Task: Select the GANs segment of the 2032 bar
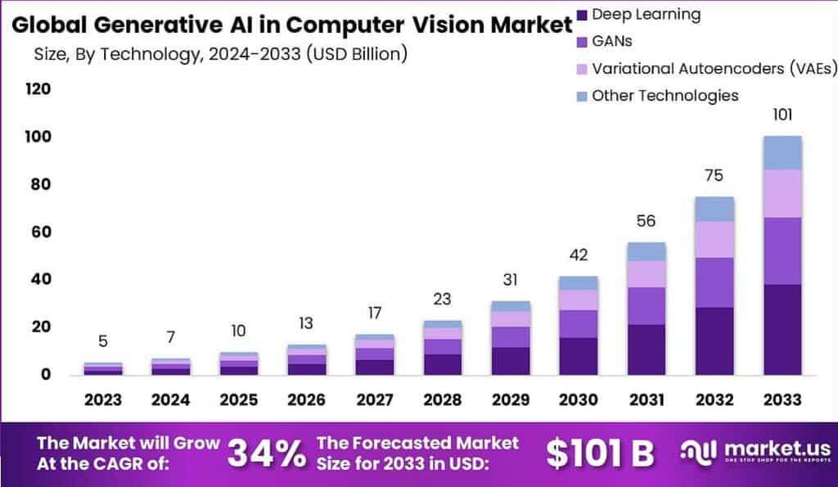[x=715, y=282]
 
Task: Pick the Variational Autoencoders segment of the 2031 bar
[x=647, y=274]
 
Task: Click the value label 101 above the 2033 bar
[x=783, y=115]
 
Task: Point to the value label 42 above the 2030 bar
[x=579, y=255]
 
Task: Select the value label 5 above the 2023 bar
[x=103, y=341]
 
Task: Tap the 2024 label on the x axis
[x=171, y=399]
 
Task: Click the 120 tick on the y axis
[x=37, y=89]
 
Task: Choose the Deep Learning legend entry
[x=646, y=14]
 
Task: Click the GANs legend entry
[x=611, y=41]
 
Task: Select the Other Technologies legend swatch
[x=582, y=97]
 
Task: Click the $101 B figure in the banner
[x=599, y=452]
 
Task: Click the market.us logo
[x=755, y=452]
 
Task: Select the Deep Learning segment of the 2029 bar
[x=511, y=361]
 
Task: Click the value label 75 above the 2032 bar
[x=715, y=175]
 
